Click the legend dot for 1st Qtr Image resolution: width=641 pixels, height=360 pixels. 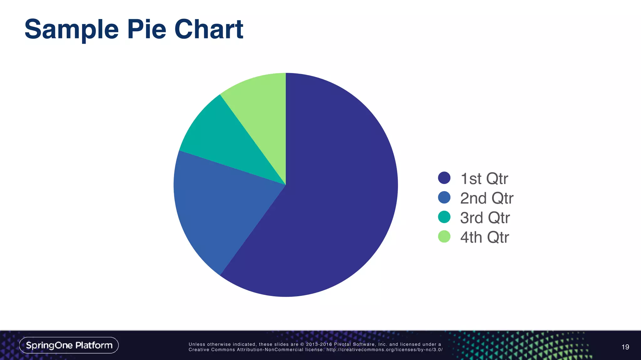[444, 178]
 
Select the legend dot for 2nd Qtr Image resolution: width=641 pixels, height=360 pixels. [444, 197]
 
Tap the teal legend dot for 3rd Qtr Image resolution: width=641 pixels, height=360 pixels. [444, 217]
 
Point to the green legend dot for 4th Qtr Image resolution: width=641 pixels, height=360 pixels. [444, 237]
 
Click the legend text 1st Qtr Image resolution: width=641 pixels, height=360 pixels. [484, 179]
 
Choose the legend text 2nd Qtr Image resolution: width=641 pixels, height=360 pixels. [487, 198]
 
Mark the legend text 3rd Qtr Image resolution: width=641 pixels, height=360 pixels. [485, 218]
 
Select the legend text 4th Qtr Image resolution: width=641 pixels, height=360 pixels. [485, 237]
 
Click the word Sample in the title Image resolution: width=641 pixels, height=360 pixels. [72, 29]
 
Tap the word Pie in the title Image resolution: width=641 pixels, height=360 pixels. [146, 29]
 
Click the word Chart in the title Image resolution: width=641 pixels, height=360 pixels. [209, 29]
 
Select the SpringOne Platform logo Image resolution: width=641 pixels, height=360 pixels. [69, 345]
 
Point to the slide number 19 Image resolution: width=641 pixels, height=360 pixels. [625, 347]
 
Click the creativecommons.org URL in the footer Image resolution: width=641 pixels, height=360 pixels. [384, 350]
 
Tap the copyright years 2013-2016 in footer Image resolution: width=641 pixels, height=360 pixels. [319, 344]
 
